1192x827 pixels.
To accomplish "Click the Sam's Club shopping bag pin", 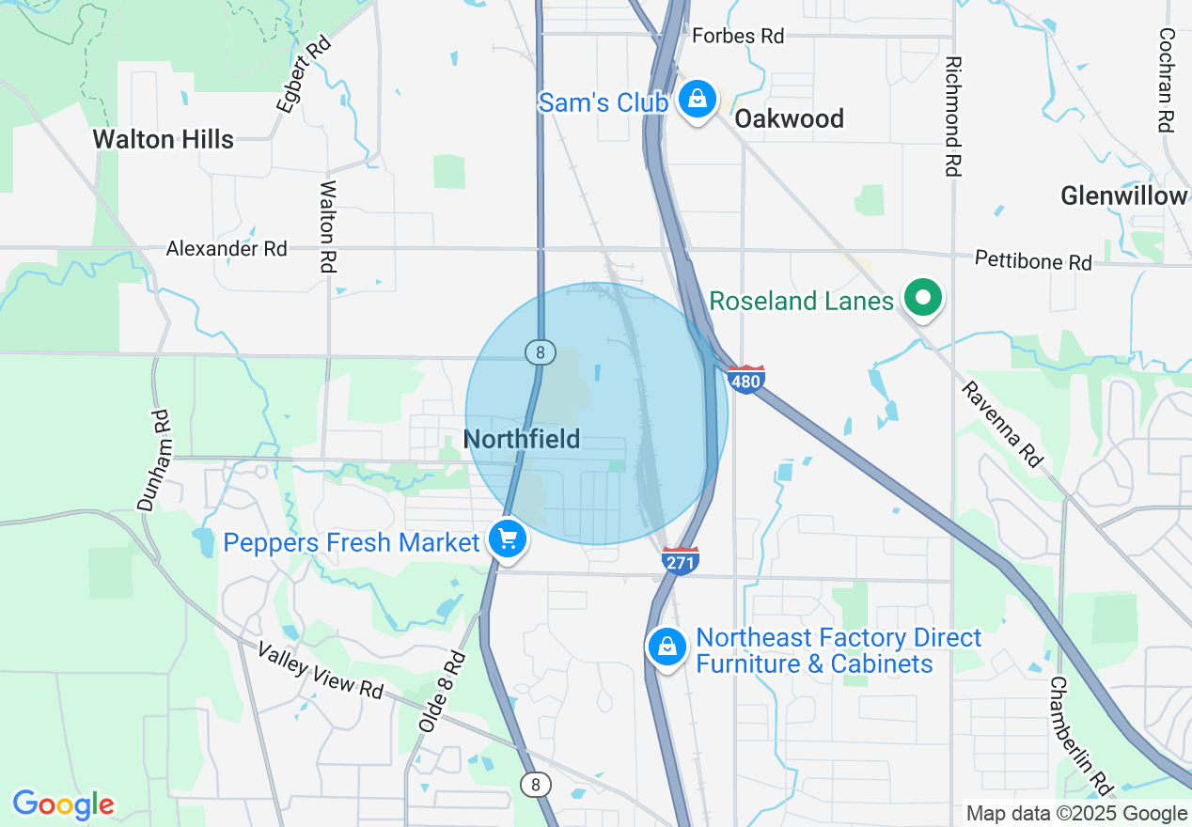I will (x=697, y=99).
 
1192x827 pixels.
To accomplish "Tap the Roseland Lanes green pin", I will (x=923, y=299).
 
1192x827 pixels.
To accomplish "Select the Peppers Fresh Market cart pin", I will (x=508, y=539).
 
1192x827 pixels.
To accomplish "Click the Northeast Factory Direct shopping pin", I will (x=667, y=647).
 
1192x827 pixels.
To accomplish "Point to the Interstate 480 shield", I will (x=745, y=379).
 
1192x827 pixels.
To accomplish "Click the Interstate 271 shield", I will (x=680, y=560).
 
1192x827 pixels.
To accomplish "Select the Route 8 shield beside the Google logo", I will (x=536, y=784).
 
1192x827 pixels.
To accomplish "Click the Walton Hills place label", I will (x=163, y=140).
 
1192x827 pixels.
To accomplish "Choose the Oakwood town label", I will (x=789, y=118).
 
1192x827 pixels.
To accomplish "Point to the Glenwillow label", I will (x=1123, y=195).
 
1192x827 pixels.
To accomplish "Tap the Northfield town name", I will (x=522, y=439).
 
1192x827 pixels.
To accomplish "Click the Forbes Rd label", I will (x=738, y=36).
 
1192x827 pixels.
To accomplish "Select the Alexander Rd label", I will (x=227, y=249).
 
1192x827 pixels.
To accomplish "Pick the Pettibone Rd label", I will (x=1033, y=259).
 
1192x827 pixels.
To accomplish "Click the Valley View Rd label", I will (x=321, y=671).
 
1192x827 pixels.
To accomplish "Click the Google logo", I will (x=63, y=804).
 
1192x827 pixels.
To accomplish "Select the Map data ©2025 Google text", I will (x=1076, y=814).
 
